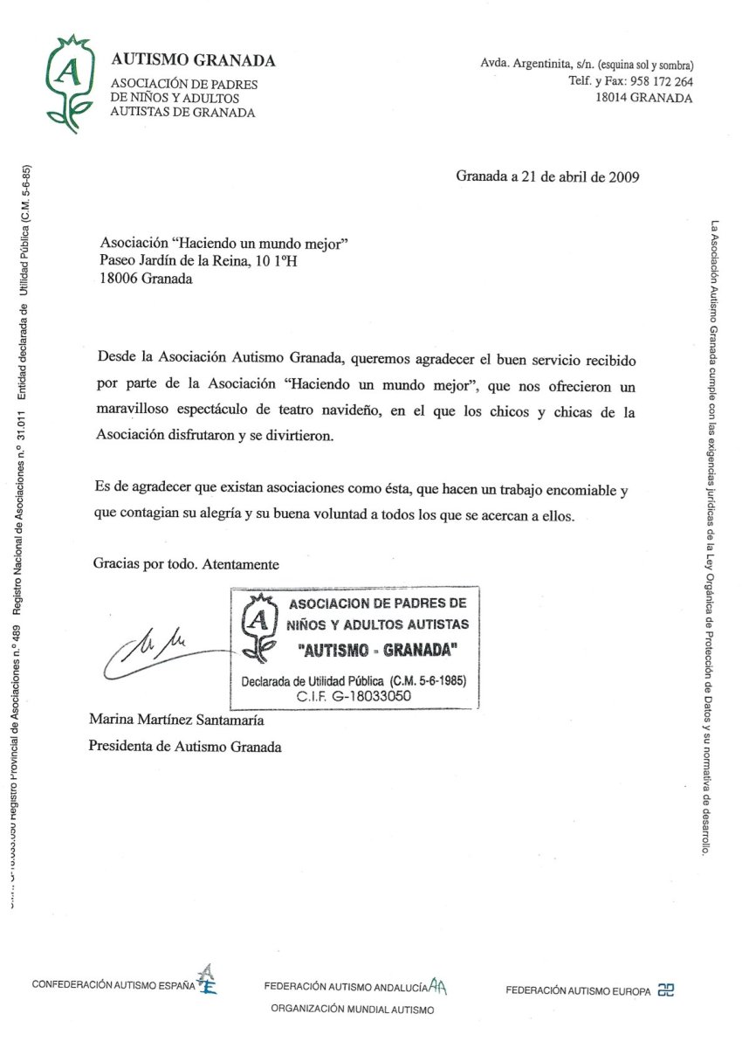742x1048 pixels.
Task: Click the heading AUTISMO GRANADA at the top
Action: pos(193,60)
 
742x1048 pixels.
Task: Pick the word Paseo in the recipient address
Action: pos(118,260)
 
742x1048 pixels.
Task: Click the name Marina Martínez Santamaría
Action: pos(175,720)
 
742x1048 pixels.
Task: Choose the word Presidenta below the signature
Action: pos(123,747)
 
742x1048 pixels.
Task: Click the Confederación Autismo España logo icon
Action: pos(207,980)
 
